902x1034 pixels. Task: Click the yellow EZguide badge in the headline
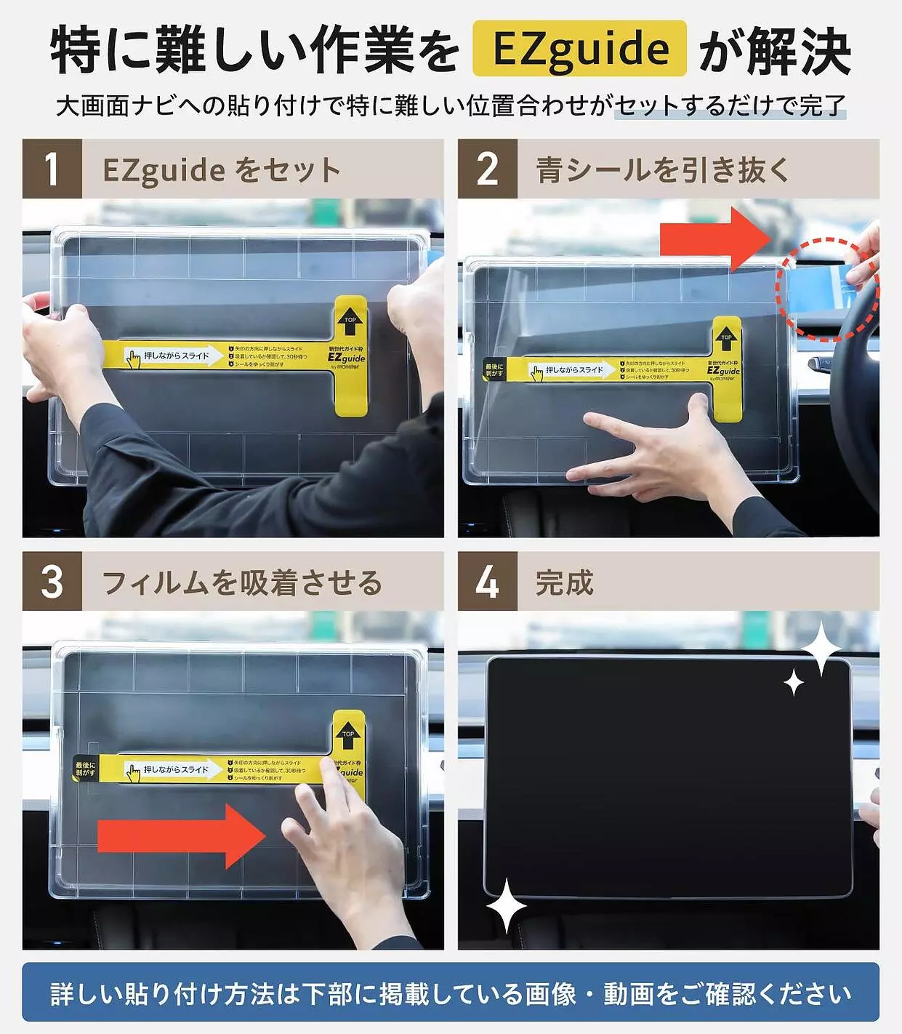click(x=579, y=49)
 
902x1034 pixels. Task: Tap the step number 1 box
click(x=52, y=169)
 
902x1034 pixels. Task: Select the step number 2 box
click(x=487, y=169)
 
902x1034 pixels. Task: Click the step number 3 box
click(x=52, y=582)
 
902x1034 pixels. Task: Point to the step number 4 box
click(x=487, y=582)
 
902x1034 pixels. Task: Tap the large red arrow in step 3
click(x=182, y=835)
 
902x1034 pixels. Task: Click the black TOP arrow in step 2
click(x=726, y=340)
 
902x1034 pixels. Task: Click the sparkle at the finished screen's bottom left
click(x=506, y=906)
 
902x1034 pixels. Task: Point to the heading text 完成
click(x=564, y=582)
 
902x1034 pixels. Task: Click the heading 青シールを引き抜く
click(x=662, y=170)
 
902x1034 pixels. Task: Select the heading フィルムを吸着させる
click(x=241, y=582)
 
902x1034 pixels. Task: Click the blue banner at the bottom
click(x=451, y=993)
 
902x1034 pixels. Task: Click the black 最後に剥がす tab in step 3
click(x=85, y=769)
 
